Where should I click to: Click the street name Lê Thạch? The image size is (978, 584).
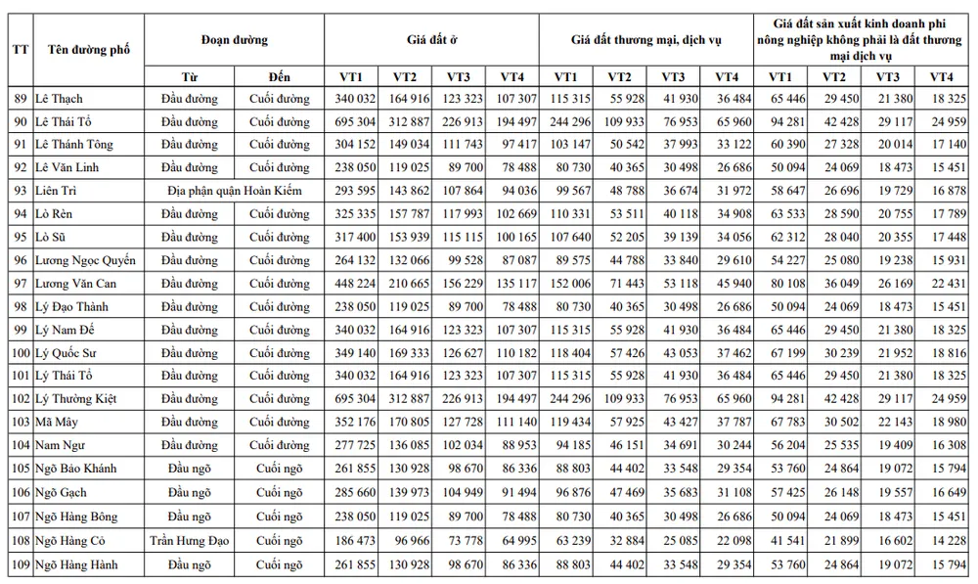tap(59, 99)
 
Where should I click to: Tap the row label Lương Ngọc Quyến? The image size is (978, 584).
tap(85, 260)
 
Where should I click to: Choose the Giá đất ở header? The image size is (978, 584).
tap(430, 40)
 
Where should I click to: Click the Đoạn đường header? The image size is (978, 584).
tap(234, 40)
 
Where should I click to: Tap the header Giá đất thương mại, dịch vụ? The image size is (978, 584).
tap(645, 40)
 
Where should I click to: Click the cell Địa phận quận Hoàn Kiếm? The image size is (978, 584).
tap(234, 191)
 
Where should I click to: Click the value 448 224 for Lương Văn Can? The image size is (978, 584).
tap(350, 284)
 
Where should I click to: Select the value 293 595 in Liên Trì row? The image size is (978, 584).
tap(350, 191)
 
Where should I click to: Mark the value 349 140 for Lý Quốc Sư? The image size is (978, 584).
tap(350, 352)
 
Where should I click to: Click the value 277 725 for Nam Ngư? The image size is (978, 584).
tap(350, 445)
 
